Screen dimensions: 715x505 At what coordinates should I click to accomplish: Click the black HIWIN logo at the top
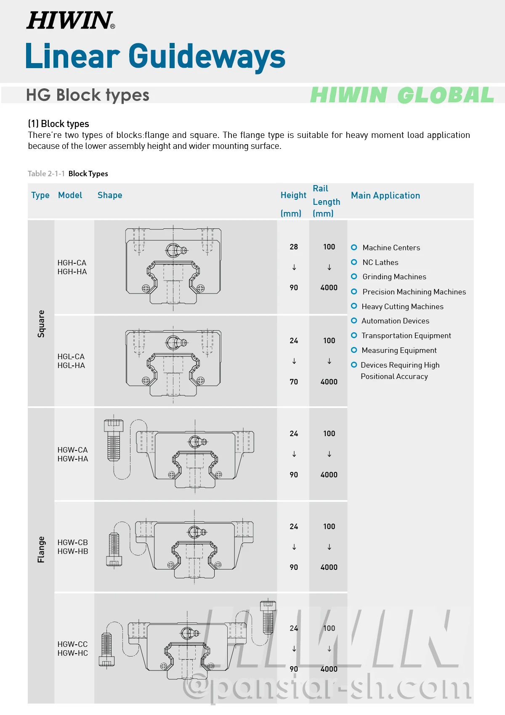[70, 20]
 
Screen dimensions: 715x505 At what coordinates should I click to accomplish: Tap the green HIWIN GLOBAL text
[402, 95]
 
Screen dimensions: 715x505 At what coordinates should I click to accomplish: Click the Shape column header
[110, 195]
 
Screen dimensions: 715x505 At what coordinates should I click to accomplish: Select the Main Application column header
[385, 196]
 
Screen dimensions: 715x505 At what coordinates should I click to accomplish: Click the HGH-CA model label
[72, 263]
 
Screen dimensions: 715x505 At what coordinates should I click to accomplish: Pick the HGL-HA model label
[72, 365]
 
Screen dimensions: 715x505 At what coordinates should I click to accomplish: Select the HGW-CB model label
[72, 543]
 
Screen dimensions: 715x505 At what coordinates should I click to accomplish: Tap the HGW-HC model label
[72, 653]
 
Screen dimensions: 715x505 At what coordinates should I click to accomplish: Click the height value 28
[294, 247]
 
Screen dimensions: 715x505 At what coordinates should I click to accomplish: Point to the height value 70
[294, 382]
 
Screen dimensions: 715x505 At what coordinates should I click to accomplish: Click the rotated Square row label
[41, 324]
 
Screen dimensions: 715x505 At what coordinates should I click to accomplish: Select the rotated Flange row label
[41, 549]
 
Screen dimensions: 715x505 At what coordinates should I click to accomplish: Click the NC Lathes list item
[380, 262]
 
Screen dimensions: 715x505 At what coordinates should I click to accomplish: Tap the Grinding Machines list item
[394, 277]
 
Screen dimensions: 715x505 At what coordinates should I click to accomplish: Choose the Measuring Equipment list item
[399, 350]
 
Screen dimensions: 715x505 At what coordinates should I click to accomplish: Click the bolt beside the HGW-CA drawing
[114, 440]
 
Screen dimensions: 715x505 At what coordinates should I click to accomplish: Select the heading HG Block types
[88, 95]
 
